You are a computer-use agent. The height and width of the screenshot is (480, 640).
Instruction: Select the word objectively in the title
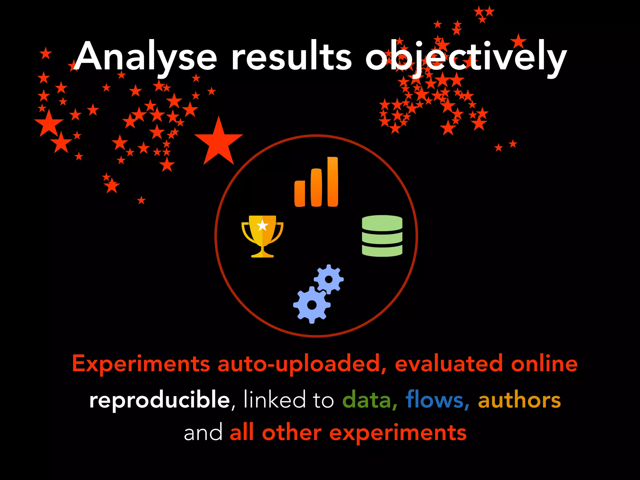coord(466,58)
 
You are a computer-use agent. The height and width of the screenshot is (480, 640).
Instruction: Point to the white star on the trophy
coord(262,225)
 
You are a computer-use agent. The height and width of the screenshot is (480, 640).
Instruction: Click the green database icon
coord(382,236)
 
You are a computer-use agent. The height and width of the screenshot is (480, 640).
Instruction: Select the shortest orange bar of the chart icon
coord(300,193)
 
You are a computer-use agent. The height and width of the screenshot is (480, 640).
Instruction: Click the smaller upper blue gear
coord(328,279)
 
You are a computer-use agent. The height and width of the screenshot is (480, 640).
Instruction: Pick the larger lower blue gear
coord(312,305)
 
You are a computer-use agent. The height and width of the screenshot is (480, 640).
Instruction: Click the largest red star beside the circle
coord(219,142)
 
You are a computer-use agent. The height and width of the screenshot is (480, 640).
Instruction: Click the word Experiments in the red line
coord(141,364)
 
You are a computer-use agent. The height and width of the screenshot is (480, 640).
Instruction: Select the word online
coord(544,364)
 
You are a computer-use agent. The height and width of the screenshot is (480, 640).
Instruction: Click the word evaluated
coord(449,364)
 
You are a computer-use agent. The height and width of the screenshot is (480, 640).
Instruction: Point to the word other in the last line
coord(292,433)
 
